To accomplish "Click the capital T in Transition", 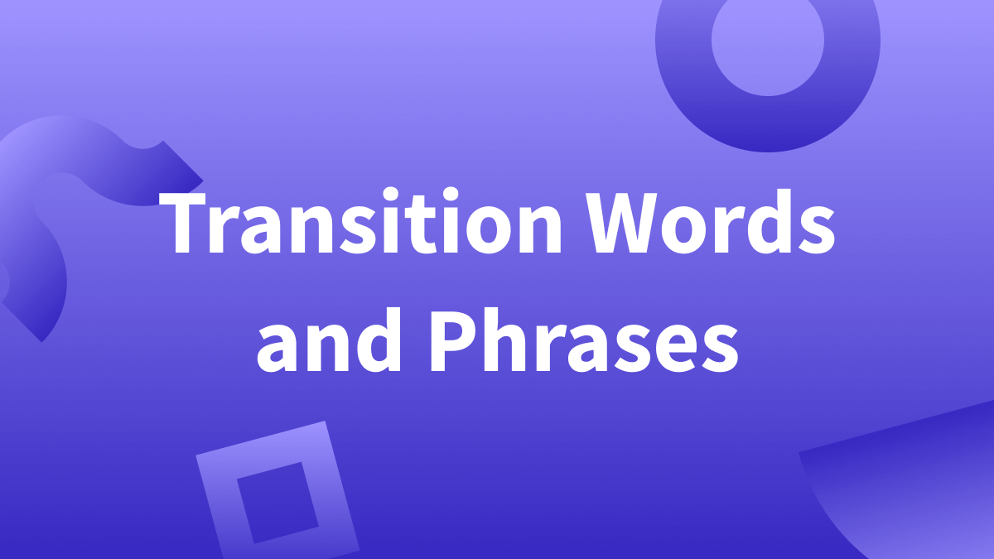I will tap(195, 224).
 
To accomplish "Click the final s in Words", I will tap(815, 233).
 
